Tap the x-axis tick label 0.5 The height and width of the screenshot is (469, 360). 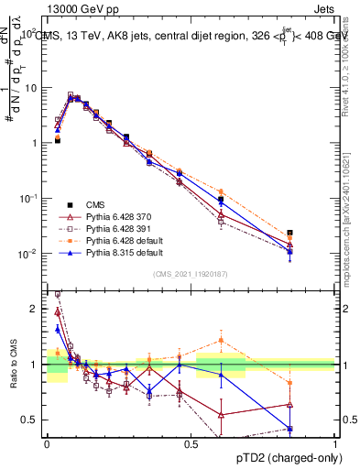tap(191, 443)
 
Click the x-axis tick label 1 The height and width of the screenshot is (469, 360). tap(334, 443)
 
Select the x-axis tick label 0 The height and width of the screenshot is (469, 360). tap(47, 443)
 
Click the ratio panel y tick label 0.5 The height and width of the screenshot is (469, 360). tap(31, 420)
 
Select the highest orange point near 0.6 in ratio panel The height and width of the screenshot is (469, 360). tap(221, 340)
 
